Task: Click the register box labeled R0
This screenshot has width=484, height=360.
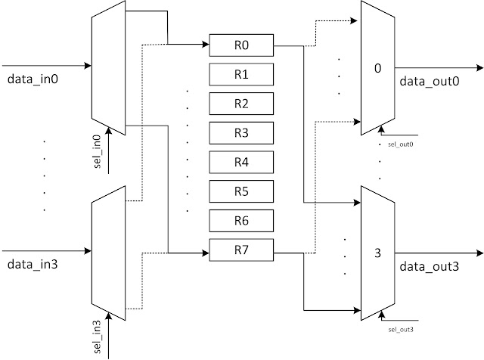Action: coord(241,45)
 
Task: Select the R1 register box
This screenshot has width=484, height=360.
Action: coord(241,74)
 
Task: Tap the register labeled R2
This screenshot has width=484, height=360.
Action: coord(241,103)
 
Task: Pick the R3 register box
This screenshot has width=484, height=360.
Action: coord(241,132)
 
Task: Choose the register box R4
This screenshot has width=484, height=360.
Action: coord(241,161)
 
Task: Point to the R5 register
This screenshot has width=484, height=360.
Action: coord(241,191)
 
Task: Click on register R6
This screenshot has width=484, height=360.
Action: coord(241,219)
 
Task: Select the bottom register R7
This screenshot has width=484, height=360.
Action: coord(241,249)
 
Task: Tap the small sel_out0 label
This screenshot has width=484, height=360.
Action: coord(401,143)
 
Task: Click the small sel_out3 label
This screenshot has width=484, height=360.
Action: coord(401,330)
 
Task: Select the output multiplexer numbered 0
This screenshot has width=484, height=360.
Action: coord(377,69)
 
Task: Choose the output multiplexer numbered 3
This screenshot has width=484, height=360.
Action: coord(377,253)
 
